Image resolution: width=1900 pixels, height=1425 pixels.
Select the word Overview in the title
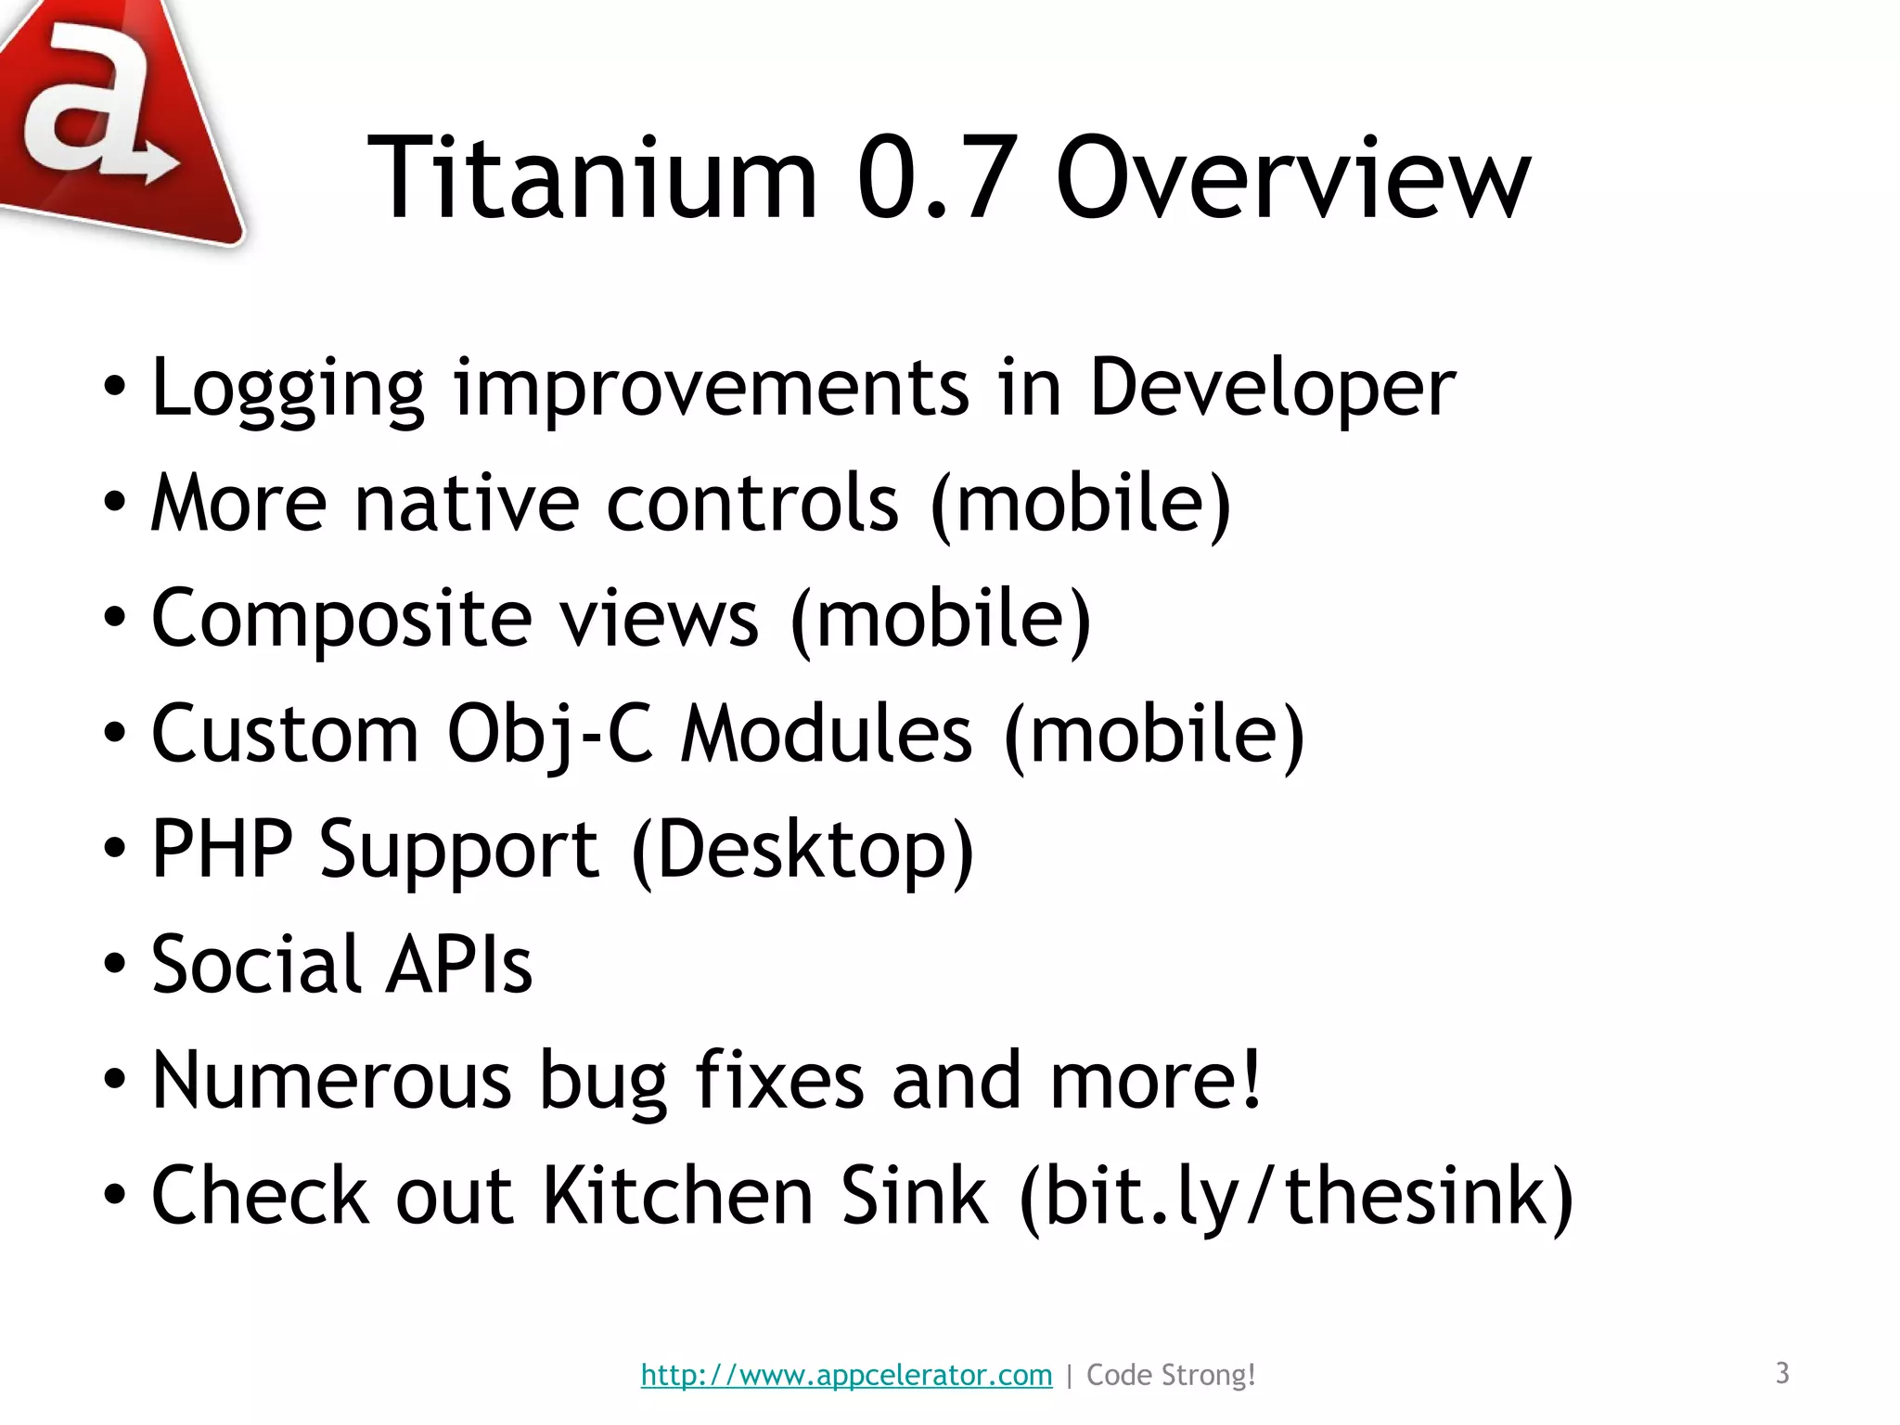click(1292, 178)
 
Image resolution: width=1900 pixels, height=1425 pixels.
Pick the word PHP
click(222, 849)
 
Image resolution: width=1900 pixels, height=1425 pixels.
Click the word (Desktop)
click(802, 851)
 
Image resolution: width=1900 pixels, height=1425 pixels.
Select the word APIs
click(459, 965)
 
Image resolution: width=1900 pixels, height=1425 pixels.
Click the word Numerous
click(331, 1080)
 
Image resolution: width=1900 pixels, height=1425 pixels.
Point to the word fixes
click(779, 1080)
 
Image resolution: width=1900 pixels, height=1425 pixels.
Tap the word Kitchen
click(678, 1196)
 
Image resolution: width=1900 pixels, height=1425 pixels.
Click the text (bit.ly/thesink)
click(1295, 1198)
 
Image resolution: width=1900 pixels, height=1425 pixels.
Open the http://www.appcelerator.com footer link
click(846, 1375)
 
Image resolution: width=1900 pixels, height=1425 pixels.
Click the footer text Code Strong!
click(1171, 1375)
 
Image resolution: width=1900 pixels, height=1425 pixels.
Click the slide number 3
click(1782, 1373)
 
